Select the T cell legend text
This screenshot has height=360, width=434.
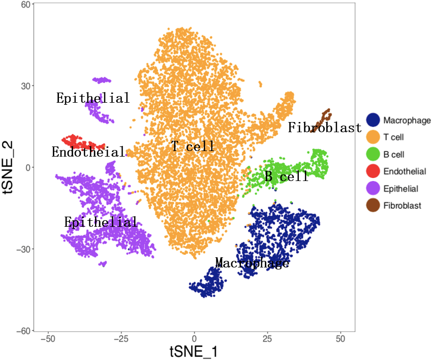[394, 137]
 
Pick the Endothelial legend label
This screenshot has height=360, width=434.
[405, 171]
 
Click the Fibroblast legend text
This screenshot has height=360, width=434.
[402, 206]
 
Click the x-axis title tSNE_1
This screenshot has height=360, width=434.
[194, 351]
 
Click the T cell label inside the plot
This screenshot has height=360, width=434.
[193, 147]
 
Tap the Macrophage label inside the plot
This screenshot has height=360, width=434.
[252, 263]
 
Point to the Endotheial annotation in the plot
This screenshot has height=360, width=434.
[88, 152]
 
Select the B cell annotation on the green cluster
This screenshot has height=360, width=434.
[287, 176]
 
